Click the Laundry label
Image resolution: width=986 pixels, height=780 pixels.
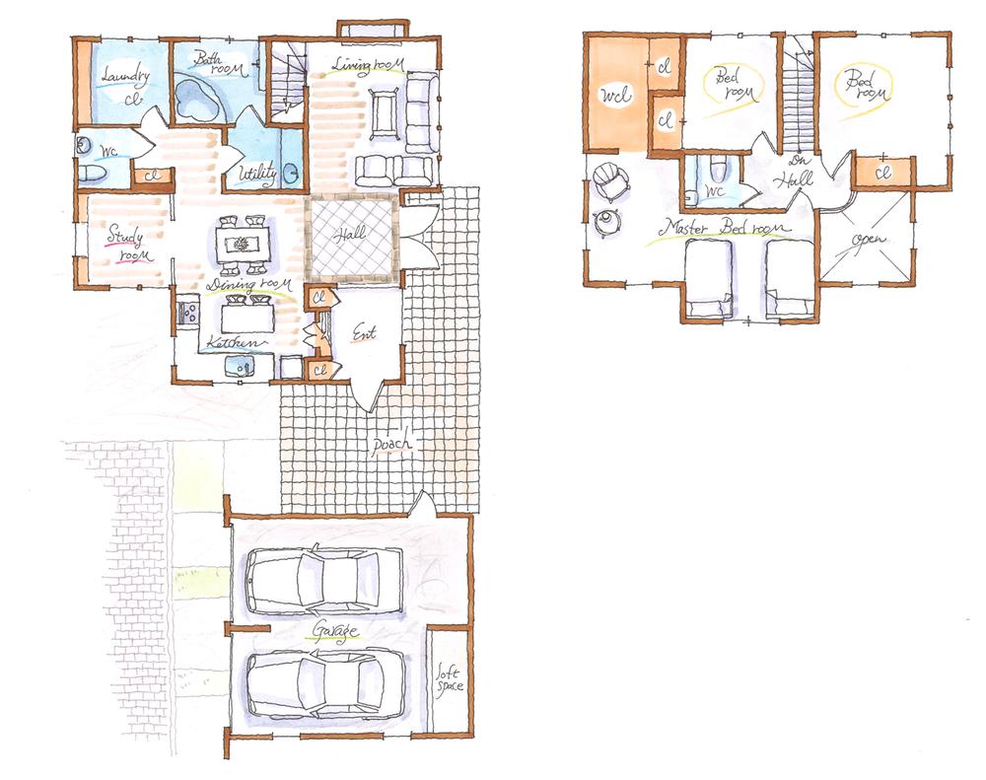[124, 76]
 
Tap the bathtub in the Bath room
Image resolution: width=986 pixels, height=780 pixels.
[197, 100]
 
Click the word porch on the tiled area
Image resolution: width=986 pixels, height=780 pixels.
[391, 445]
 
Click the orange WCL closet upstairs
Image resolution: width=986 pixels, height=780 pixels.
[616, 95]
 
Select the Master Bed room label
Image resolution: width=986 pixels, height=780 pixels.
[726, 228]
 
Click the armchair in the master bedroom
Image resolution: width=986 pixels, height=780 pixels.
[611, 182]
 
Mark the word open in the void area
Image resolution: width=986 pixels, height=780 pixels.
[869, 242]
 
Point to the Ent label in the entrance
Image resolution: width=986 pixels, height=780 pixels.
[364, 335]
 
